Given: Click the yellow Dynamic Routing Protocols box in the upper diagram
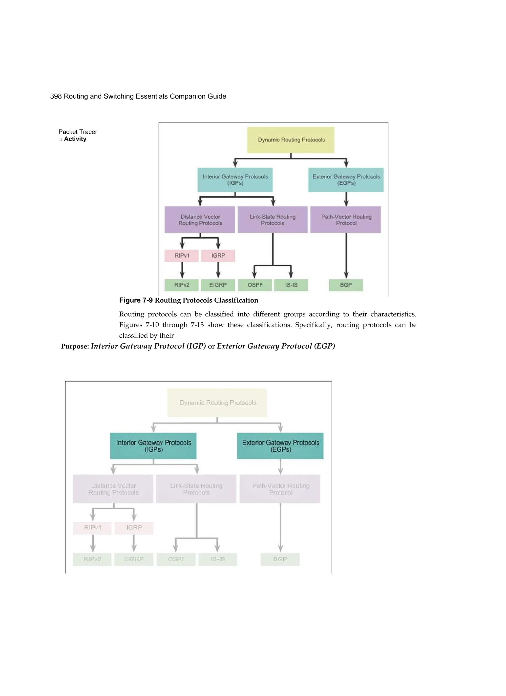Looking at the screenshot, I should click(291, 140).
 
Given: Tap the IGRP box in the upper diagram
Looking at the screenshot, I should click(218, 256).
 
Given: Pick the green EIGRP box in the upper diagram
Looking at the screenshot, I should click(218, 285).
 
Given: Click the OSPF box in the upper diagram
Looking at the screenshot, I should click(255, 285).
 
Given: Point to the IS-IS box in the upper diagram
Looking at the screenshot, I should click(291, 285).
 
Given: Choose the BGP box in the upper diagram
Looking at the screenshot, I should click(346, 285).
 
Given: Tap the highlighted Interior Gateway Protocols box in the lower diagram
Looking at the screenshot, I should click(153, 446).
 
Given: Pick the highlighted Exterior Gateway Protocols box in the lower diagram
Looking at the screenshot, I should click(280, 446).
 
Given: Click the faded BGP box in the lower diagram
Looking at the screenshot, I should click(280, 559).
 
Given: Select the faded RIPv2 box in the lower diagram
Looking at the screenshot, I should click(92, 559).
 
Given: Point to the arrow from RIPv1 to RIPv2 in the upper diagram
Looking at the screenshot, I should click(182, 270).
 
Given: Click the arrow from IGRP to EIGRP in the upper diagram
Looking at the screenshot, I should click(218, 270).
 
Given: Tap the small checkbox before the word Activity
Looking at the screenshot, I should click(60, 140).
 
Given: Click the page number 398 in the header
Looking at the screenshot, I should click(56, 96).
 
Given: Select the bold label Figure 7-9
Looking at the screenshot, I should click(136, 300).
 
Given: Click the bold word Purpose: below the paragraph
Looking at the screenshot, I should click(75, 347).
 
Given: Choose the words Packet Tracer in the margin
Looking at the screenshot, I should click(78, 132).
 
